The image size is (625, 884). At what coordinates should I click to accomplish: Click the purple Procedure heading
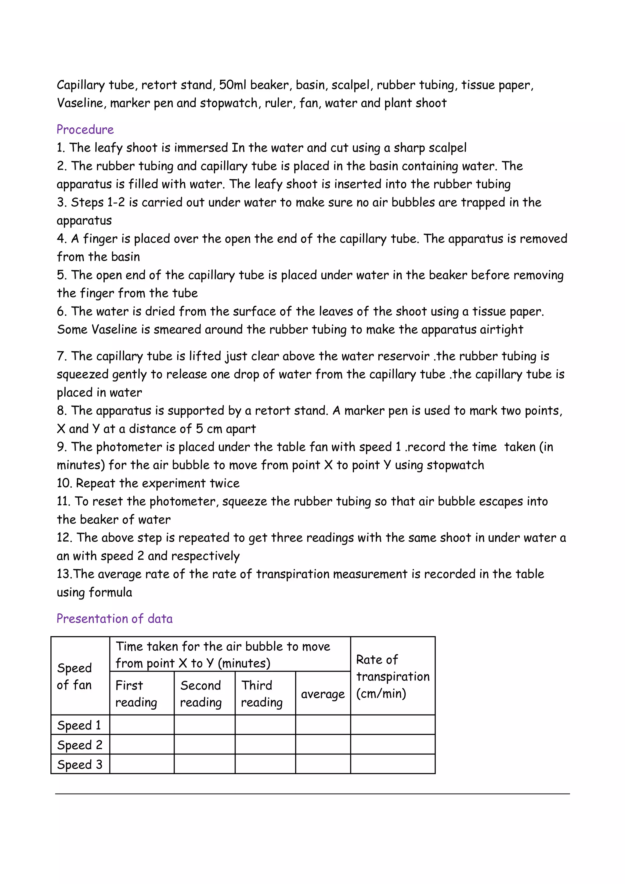[x=85, y=129]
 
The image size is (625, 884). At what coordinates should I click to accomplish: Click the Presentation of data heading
[x=114, y=618]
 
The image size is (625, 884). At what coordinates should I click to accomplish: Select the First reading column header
[x=136, y=693]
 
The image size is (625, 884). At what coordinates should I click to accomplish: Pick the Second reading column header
[x=201, y=693]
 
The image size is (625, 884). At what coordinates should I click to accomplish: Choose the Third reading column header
[x=262, y=693]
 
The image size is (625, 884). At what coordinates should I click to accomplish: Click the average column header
[x=323, y=694]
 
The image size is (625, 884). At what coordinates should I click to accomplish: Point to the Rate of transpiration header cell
[x=392, y=676]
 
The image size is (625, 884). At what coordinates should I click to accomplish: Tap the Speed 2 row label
[x=79, y=745]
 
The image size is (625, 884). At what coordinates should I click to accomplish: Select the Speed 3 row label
[x=79, y=764]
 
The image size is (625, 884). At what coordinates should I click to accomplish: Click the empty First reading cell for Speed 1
[x=142, y=725]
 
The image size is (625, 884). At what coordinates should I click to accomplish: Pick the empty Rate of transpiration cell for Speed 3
[x=392, y=764]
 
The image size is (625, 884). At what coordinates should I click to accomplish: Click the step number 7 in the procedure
[x=61, y=356]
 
